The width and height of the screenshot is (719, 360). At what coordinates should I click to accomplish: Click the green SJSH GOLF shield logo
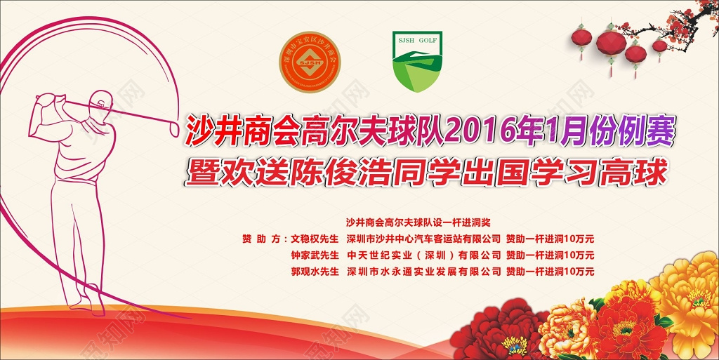coord(416,62)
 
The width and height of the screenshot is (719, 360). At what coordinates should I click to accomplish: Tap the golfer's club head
coord(174,128)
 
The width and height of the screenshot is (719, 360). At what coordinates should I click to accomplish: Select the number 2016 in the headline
coord(481,131)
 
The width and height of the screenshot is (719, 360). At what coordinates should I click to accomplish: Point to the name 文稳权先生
coord(315,238)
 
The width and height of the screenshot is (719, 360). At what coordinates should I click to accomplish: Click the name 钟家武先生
coord(315,255)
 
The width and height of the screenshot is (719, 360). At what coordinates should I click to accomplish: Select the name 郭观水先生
coord(315,272)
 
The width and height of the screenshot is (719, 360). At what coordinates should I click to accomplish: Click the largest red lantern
coord(611,44)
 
